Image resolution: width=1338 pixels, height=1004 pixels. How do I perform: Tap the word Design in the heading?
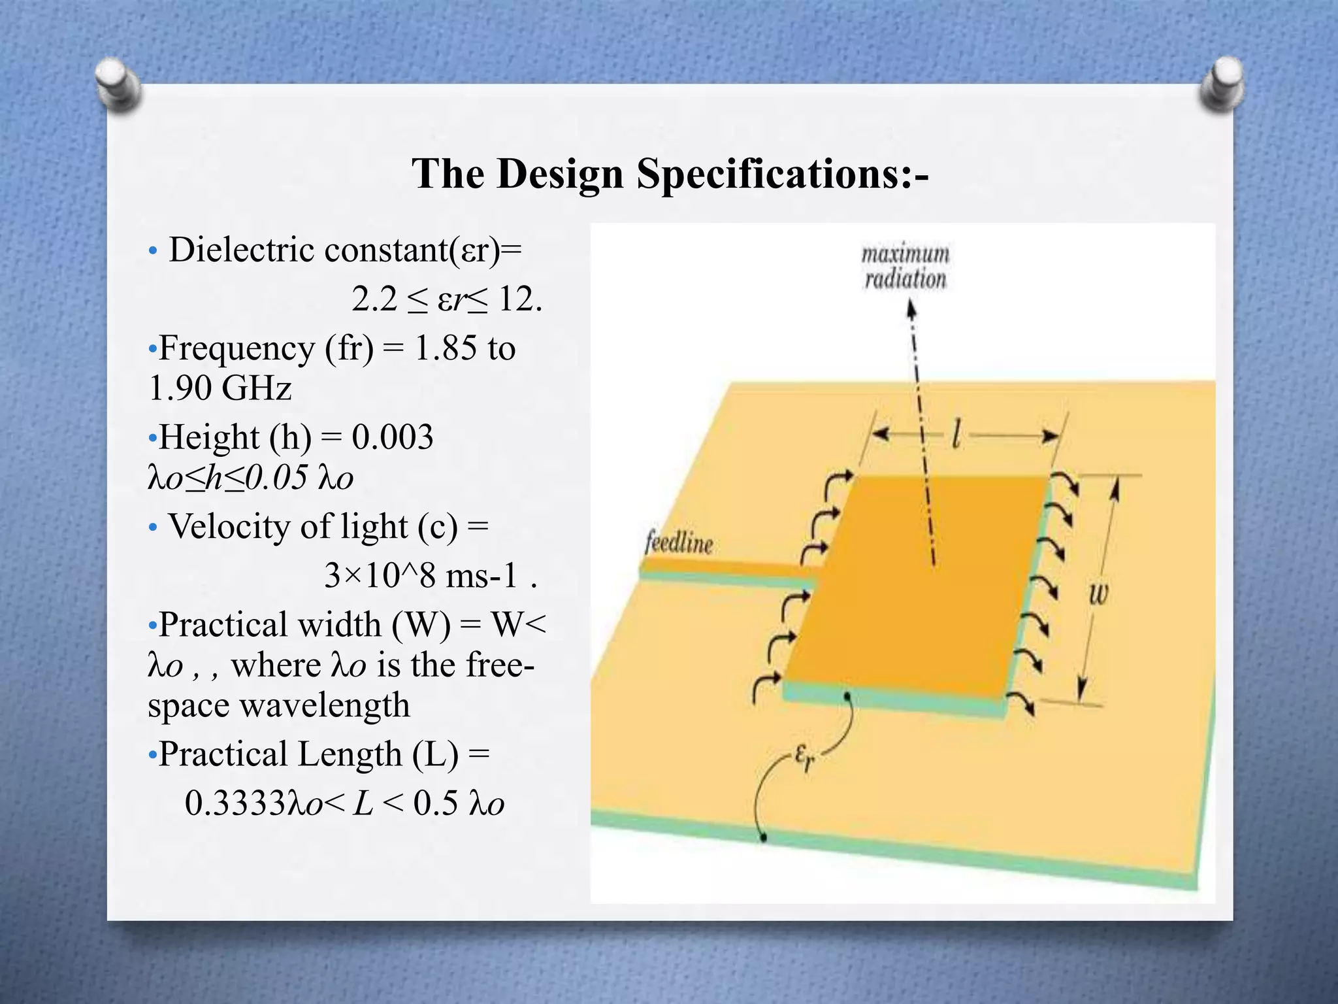pyautogui.click(x=559, y=175)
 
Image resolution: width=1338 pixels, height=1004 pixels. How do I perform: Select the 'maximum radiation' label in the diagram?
pyautogui.click(x=906, y=267)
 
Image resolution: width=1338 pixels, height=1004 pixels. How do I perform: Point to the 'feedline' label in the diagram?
pyautogui.click(x=679, y=543)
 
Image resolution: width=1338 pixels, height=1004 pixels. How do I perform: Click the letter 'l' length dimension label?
pyautogui.click(x=956, y=434)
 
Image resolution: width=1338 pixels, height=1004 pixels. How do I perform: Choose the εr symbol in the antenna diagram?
pyautogui.click(x=805, y=758)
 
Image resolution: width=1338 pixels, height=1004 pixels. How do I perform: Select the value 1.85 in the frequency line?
pyautogui.click(x=446, y=348)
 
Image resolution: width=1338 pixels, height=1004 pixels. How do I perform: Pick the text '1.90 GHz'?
pyautogui.click(x=220, y=388)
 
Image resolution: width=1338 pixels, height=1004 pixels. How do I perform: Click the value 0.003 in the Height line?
pyautogui.click(x=392, y=437)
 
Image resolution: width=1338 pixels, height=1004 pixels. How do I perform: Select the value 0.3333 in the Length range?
pyautogui.click(x=235, y=803)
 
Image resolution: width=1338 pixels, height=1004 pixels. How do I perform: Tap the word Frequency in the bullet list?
pyautogui.click(x=237, y=348)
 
